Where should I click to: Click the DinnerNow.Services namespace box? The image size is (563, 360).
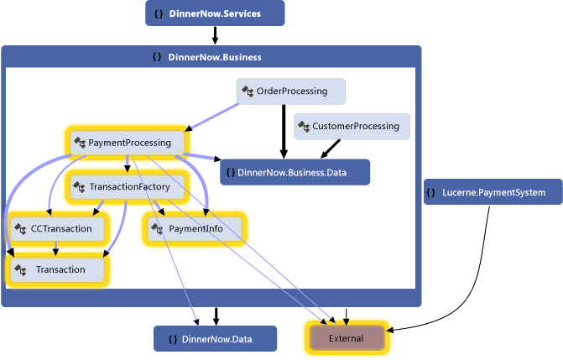pyautogui.click(x=215, y=13)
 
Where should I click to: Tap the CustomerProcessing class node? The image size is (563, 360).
pyautogui.click(x=352, y=127)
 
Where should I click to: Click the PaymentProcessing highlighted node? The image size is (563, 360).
pyautogui.click(x=126, y=143)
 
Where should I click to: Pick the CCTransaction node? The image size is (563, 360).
pyautogui.click(x=59, y=228)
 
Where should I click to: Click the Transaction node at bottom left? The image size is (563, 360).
pyautogui.click(x=59, y=269)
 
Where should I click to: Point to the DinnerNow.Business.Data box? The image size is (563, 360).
pyautogui.click(x=295, y=172)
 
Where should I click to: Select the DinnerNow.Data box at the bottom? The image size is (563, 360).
pyautogui.click(x=215, y=338)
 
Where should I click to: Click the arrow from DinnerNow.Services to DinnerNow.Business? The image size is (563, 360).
pyautogui.click(x=215, y=35)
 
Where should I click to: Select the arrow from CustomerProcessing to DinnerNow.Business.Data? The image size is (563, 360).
pyautogui.click(x=332, y=148)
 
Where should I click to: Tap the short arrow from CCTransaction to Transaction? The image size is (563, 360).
pyautogui.click(x=57, y=248)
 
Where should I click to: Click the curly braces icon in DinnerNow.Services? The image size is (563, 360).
pyautogui.click(x=159, y=14)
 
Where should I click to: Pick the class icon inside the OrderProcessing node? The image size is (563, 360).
pyautogui.click(x=248, y=91)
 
